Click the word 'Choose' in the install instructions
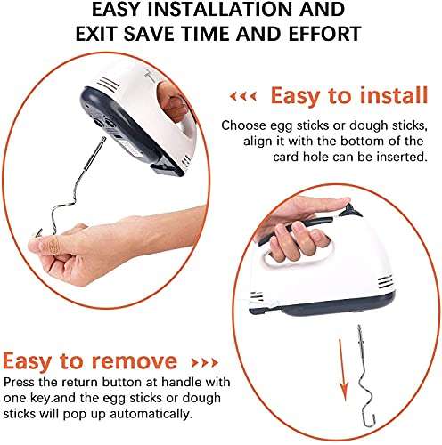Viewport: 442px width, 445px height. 241,125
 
